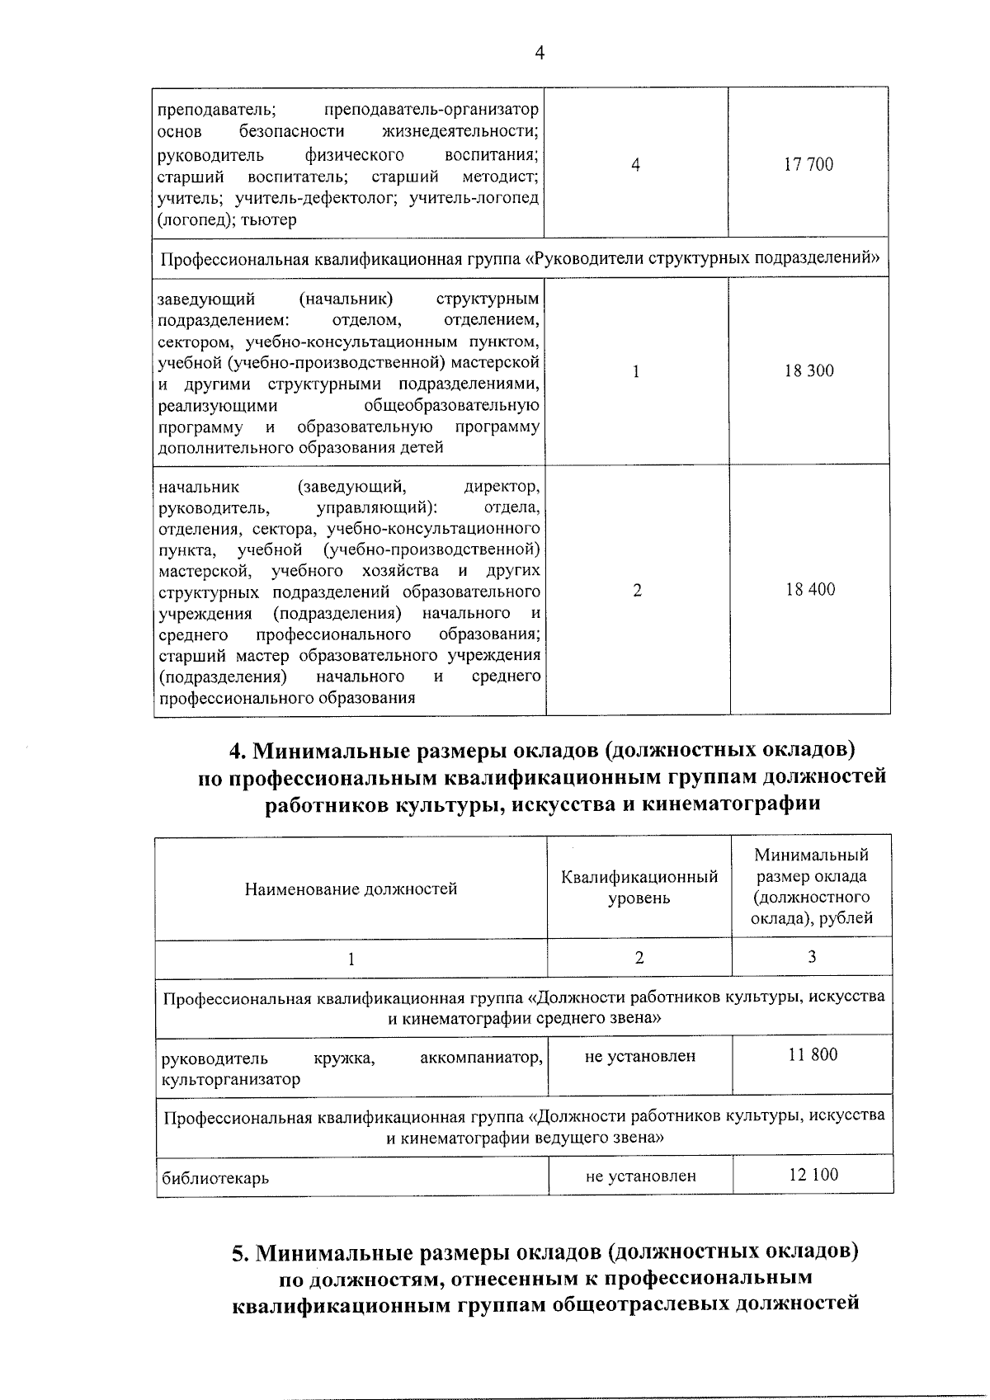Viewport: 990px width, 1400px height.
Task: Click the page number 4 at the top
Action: click(540, 54)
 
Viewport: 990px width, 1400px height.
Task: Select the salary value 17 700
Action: click(808, 165)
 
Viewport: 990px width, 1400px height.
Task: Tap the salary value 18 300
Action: click(808, 371)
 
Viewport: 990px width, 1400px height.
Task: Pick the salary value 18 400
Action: click(810, 590)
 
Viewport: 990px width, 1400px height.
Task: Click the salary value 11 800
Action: click(813, 1054)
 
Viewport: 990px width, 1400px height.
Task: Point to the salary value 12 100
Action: click(813, 1175)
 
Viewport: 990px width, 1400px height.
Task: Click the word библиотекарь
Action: click(215, 1178)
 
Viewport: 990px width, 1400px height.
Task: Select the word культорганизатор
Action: click(231, 1079)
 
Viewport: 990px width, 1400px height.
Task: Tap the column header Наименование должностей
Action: click(351, 889)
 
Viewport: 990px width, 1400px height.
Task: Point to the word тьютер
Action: click(269, 219)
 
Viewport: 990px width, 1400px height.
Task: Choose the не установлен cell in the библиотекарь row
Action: click(640, 1176)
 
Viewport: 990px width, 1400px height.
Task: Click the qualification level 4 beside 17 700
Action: click(635, 165)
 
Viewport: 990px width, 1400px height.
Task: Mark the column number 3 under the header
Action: click(812, 957)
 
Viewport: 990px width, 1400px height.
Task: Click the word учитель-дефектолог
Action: click(318, 198)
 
